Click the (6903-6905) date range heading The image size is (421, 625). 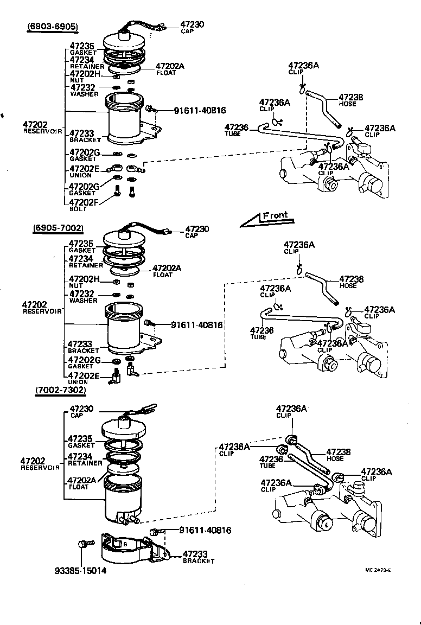(53, 26)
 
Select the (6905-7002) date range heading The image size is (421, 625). (58, 227)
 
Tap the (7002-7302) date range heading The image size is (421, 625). (61, 390)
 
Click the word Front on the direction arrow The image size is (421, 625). (275, 215)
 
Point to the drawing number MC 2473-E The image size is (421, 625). (378, 570)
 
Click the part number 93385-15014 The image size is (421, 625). (80, 571)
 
